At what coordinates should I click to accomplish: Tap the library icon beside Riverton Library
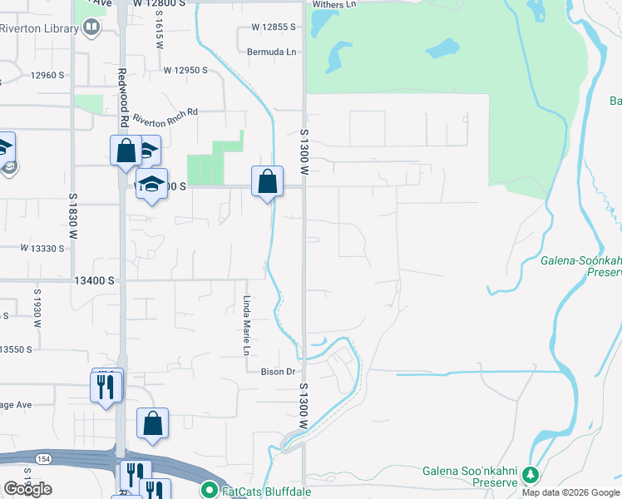(x=91, y=27)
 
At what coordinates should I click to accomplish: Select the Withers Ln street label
(x=334, y=4)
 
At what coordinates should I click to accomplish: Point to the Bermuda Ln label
(x=272, y=52)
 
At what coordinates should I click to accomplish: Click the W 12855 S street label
(x=272, y=27)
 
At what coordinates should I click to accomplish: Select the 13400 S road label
(x=93, y=281)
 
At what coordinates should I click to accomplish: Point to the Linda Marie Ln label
(x=246, y=326)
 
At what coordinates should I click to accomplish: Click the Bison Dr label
(x=279, y=372)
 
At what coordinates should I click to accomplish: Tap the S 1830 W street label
(x=72, y=217)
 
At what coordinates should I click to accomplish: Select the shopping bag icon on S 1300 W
(x=268, y=181)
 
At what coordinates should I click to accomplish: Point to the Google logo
(x=27, y=489)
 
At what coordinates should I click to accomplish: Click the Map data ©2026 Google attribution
(x=570, y=493)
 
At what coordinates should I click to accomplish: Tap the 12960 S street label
(x=47, y=76)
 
